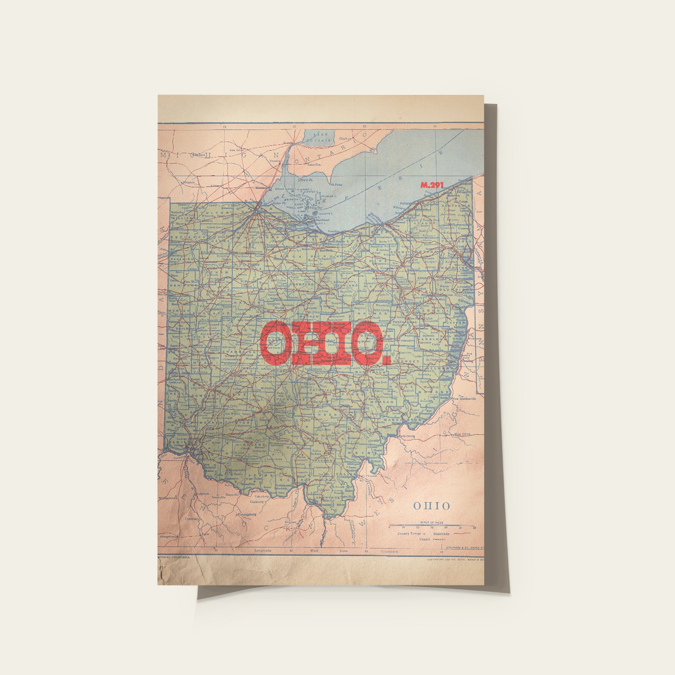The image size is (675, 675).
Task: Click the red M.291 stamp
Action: coord(432,185)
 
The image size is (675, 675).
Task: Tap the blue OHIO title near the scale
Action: coord(432,506)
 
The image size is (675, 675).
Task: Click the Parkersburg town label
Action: coord(407,436)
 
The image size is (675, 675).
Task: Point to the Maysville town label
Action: coord(232,494)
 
